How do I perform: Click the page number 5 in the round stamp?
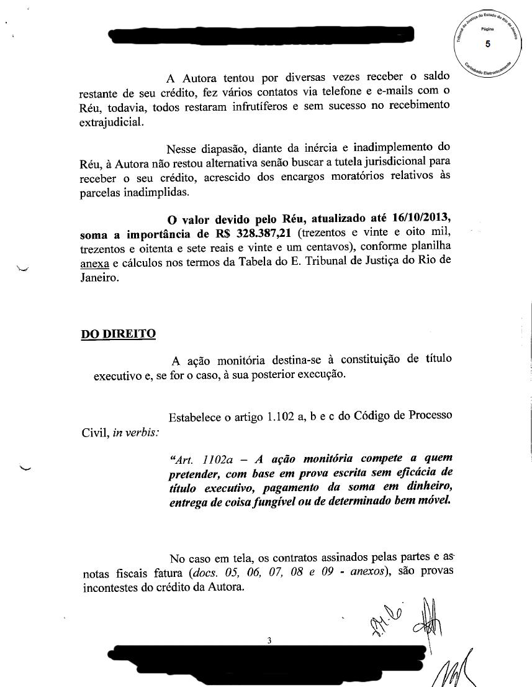487,44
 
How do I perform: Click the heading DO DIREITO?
118,334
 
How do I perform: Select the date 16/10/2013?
420,219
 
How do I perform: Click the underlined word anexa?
94,262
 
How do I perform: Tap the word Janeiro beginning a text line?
99,276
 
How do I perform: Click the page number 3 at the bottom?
269,640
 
